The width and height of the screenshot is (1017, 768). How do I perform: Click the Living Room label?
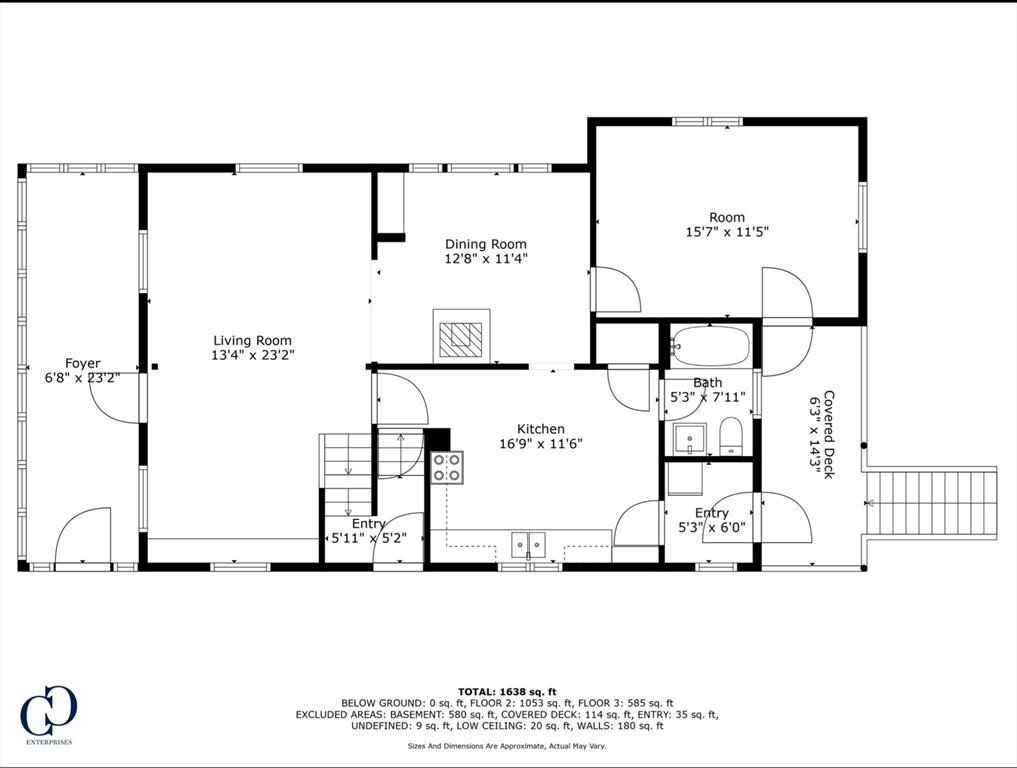(252, 340)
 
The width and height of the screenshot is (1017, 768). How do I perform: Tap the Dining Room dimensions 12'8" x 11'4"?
(486, 259)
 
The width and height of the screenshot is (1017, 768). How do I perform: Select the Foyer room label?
(83, 363)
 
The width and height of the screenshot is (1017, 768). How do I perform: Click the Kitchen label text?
(540, 429)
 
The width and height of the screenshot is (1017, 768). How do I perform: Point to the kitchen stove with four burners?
(447, 467)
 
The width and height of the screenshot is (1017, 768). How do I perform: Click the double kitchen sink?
(528, 545)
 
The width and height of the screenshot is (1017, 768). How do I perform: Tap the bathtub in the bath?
(711, 347)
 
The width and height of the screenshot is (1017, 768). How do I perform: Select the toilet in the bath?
(731, 436)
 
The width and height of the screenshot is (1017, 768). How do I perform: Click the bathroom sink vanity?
(689, 438)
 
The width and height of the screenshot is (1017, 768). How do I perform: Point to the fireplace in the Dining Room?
(461, 335)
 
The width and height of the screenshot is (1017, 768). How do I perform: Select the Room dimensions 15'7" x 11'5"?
(726, 232)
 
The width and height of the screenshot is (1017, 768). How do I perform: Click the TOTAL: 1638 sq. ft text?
(507, 691)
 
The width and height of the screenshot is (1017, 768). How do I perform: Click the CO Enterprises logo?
(48, 713)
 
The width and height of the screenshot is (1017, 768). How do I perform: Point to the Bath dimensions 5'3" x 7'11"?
(708, 398)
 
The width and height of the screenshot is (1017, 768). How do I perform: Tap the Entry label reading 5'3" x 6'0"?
(711, 520)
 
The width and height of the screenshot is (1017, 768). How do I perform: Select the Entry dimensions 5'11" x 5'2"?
(369, 538)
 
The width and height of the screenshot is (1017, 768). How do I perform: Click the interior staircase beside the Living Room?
(346, 460)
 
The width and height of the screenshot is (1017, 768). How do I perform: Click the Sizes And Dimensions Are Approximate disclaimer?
(507, 746)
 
